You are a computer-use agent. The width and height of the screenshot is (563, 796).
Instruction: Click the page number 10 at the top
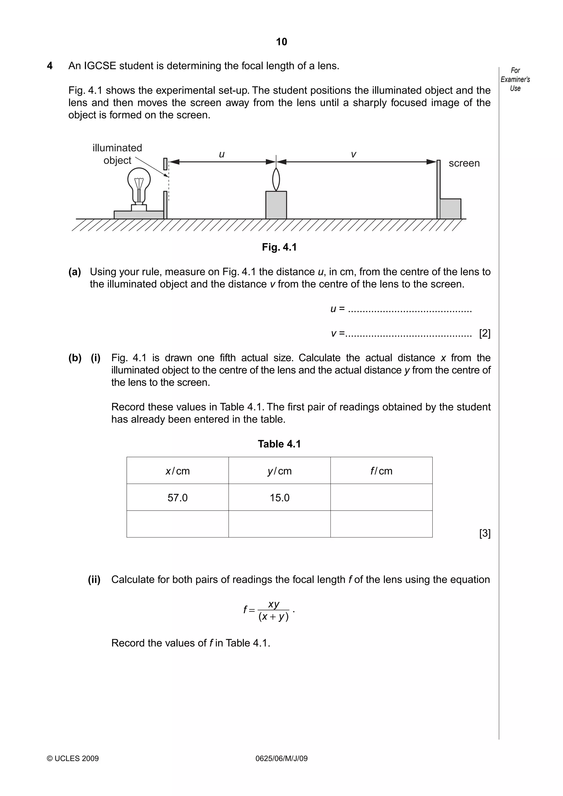(x=281, y=42)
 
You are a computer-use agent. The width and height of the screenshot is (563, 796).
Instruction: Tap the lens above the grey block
(x=276, y=179)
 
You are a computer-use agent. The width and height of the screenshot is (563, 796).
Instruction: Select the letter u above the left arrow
(x=222, y=154)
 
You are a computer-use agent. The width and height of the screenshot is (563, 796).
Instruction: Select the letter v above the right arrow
(x=353, y=154)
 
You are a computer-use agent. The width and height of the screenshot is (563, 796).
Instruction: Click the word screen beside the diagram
(x=464, y=163)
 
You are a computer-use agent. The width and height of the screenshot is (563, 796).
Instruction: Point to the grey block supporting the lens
(x=276, y=205)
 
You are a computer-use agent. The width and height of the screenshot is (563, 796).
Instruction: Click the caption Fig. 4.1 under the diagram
(x=279, y=247)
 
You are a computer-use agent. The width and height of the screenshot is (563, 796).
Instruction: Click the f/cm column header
(x=381, y=471)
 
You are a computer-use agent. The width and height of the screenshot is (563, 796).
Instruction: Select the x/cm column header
(x=177, y=471)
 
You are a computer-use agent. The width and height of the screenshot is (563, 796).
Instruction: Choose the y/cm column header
(x=279, y=471)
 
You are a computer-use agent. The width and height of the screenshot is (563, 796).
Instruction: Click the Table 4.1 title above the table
(x=279, y=444)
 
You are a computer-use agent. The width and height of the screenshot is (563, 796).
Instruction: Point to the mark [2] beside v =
(x=485, y=333)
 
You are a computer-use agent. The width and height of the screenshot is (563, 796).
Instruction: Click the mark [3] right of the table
(x=485, y=533)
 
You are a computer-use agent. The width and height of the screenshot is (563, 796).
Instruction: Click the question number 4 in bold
(x=49, y=66)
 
